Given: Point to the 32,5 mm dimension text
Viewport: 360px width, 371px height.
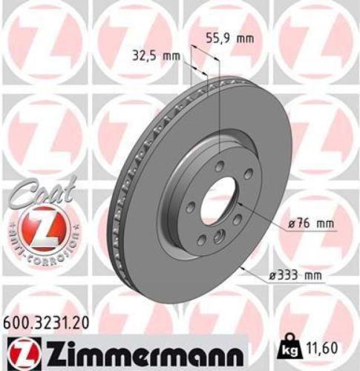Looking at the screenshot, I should (x=162, y=56).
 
